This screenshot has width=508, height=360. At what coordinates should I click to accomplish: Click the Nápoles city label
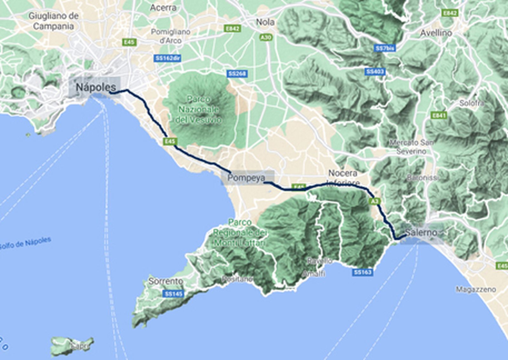click(96, 87)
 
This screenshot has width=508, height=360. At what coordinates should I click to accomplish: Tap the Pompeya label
click(246, 178)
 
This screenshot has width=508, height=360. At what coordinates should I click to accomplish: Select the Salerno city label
click(421, 232)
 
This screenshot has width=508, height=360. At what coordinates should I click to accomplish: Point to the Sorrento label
click(165, 281)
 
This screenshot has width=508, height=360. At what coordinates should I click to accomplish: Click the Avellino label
click(436, 33)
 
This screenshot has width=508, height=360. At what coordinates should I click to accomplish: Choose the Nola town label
click(265, 22)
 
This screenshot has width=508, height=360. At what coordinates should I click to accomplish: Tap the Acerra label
click(163, 8)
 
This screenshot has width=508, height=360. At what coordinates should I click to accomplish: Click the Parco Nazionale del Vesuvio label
click(198, 110)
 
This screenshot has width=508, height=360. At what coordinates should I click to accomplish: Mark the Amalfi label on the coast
click(313, 273)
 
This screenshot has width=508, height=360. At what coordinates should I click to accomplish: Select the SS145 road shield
click(174, 294)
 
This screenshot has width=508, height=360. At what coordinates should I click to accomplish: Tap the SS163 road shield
click(363, 272)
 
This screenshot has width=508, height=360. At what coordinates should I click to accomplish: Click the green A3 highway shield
click(375, 201)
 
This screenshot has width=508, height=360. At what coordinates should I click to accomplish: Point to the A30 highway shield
click(266, 37)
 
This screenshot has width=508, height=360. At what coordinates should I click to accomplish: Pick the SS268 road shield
click(237, 74)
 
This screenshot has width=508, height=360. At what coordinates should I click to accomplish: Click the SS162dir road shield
click(168, 58)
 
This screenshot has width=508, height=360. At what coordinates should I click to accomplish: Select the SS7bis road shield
click(385, 48)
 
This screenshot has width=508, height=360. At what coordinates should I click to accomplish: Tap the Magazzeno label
click(476, 289)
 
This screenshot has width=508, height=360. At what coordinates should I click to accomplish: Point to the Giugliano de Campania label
click(53, 21)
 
